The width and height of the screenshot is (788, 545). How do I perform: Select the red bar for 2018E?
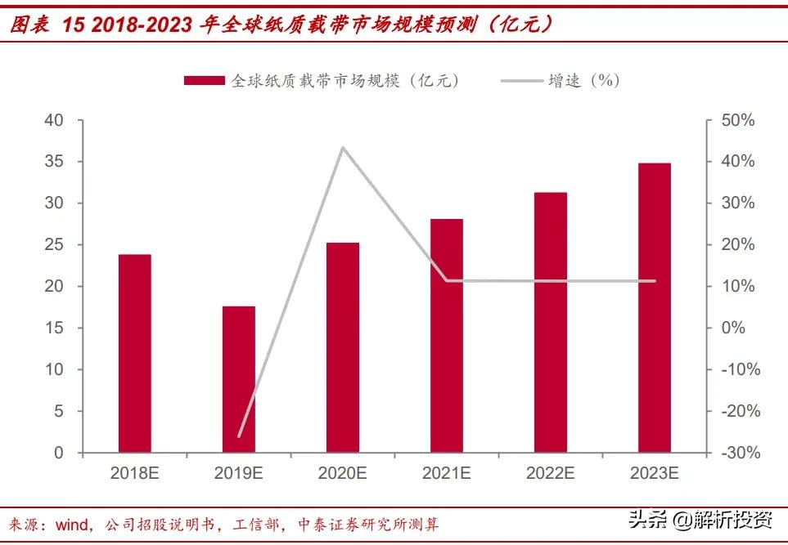pos(134,353)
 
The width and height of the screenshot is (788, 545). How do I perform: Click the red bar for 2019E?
pos(238,379)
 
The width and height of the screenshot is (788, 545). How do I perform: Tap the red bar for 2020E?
pos(342,347)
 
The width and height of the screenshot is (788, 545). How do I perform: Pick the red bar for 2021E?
pos(447,335)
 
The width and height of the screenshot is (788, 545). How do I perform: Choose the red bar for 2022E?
pos(551,322)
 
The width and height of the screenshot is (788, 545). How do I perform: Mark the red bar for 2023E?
pos(655,307)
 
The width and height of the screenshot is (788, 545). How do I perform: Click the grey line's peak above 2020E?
pos(342,148)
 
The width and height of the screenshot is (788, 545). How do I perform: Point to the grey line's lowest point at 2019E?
pos(238,436)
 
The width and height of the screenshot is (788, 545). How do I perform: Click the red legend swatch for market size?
pos(203,80)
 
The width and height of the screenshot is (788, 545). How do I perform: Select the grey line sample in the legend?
pos(521,80)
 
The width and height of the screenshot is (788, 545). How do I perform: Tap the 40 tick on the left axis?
pos(53,120)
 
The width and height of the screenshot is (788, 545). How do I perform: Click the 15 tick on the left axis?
pos(53,328)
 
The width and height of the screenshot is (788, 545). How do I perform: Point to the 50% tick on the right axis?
pos(737,120)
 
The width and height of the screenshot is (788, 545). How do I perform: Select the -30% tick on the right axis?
pos(737,453)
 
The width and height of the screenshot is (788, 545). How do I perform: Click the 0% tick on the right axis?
pos(734,328)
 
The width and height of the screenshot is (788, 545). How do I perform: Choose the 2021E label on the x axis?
pos(447,473)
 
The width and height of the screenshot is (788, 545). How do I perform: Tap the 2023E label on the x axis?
pos(655,473)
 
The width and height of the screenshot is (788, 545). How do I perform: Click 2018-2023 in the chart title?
pos(132,25)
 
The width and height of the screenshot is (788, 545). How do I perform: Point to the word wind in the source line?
pos(74,524)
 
